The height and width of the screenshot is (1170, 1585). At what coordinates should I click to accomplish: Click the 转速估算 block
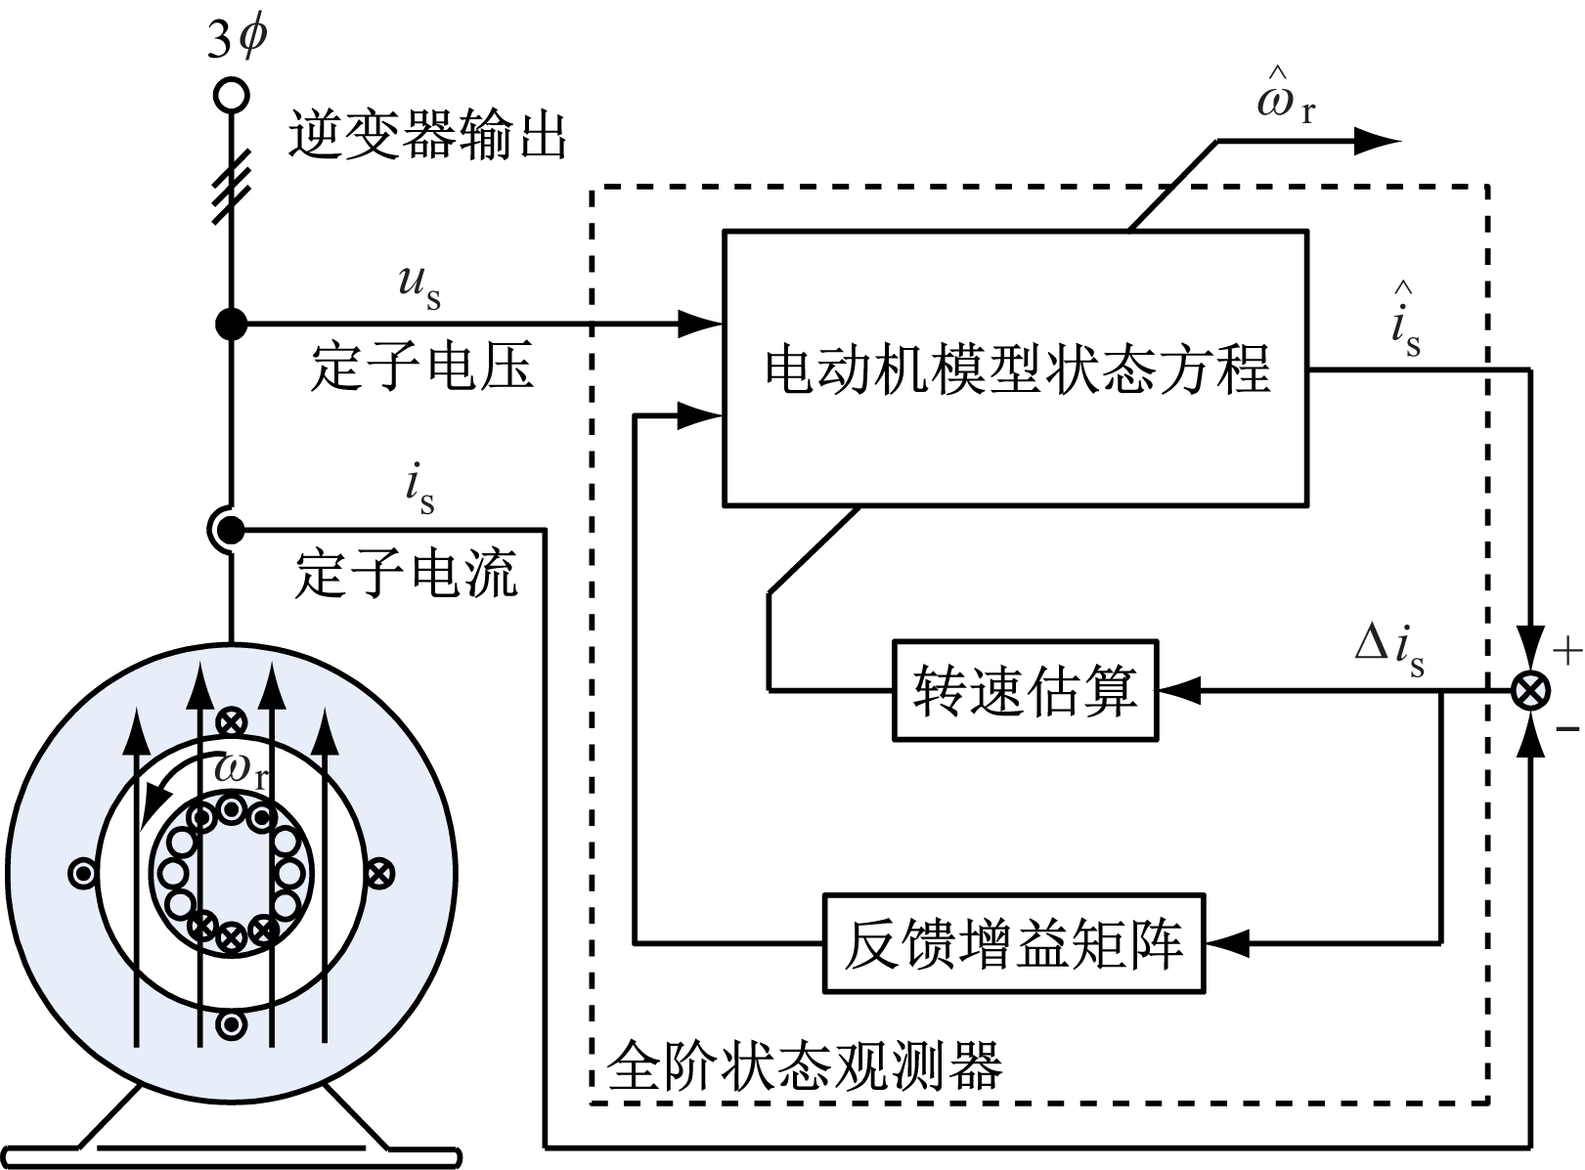[1024, 690]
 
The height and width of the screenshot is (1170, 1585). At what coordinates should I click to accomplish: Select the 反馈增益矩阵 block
[1013, 943]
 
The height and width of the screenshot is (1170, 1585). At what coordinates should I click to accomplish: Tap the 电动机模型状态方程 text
[1016, 369]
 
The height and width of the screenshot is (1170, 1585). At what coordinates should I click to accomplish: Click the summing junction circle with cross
[1530, 691]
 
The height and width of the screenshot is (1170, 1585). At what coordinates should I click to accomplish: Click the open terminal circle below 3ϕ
[232, 95]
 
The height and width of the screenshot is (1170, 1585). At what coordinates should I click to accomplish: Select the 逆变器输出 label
[427, 135]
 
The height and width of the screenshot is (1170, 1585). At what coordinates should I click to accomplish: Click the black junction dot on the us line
[231, 324]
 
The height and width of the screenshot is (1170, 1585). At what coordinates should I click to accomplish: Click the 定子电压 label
[421, 368]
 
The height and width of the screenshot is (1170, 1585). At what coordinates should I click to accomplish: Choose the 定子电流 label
[406, 573]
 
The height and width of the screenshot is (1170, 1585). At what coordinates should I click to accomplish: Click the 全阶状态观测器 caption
[804, 1066]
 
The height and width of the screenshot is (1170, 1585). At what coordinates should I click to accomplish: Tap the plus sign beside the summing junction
[1564, 652]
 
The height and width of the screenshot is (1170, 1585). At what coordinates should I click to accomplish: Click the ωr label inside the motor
[240, 771]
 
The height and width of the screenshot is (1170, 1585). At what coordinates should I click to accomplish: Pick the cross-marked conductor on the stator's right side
[378, 873]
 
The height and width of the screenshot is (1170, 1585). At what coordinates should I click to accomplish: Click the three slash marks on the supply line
[232, 186]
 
